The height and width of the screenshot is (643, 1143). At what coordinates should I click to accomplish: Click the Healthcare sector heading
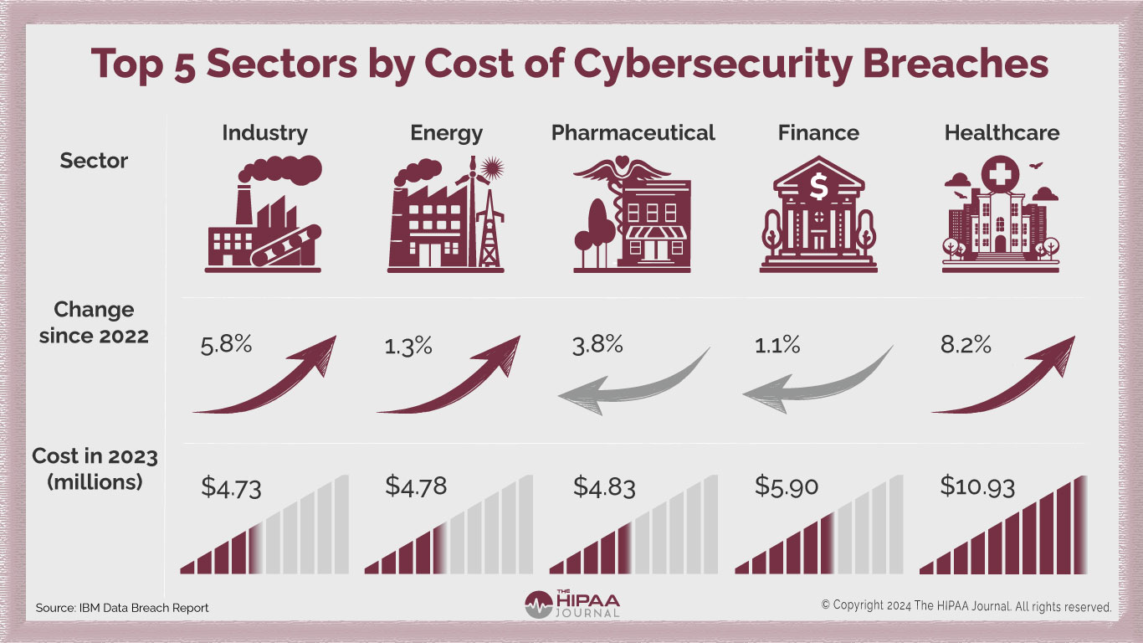click(1002, 132)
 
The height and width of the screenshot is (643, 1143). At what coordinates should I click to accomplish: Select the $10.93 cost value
click(977, 486)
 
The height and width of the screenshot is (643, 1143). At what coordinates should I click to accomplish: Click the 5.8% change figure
click(226, 344)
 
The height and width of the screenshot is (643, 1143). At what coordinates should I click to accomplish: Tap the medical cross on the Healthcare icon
click(1001, 176)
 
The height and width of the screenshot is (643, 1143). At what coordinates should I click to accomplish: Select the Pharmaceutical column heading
click(633, 132)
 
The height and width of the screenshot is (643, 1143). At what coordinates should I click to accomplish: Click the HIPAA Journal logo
click(572, 604)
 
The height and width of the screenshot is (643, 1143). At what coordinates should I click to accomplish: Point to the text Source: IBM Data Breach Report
click(122, 607)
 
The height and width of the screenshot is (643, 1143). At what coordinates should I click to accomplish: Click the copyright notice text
click(966, 605)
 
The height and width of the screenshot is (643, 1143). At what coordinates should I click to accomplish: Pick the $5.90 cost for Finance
click(787, 486)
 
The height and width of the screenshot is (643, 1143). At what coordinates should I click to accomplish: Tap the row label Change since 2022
click(94, 322)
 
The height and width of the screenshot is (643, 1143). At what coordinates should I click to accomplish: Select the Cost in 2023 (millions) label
click(95, 470)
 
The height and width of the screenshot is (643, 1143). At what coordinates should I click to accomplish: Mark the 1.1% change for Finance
click(778, 344)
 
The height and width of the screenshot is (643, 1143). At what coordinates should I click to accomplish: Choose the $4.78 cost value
click(416, 486)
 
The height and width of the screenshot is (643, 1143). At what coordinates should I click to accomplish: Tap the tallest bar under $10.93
click(1079, 525)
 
